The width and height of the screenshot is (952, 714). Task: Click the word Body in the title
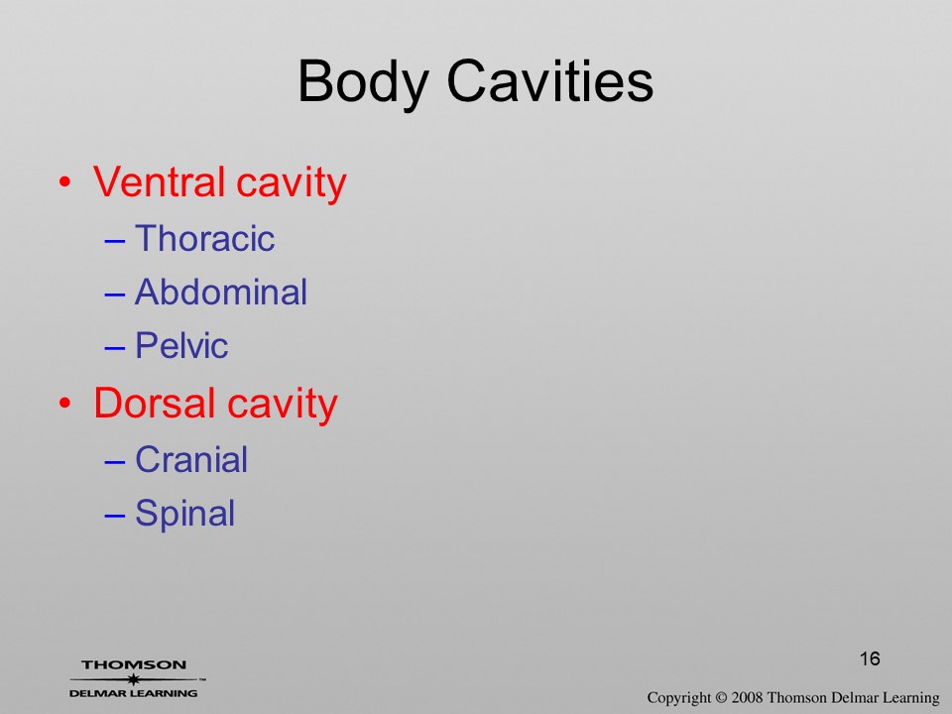coord(364,83)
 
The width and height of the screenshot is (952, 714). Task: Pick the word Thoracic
coord(204,238)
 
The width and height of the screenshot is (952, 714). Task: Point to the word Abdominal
coord(221,292)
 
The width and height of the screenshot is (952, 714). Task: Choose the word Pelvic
coord(181,345)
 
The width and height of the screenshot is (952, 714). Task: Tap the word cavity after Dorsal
coord(283,406)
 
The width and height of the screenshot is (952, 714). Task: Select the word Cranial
coord(191,459)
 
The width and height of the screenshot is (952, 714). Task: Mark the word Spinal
coord(184,515)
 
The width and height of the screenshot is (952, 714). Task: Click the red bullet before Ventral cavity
coord(65,182)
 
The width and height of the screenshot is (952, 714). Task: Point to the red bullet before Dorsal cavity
coord(65,404)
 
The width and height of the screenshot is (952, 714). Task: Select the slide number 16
coord(870,658)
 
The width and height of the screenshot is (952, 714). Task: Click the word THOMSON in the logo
coord(134,665)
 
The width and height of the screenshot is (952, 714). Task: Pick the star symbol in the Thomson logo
coord(133,679)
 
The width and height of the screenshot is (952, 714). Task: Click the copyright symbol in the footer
coord(721,698)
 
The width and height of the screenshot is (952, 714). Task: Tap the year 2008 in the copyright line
coord(748,697)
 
